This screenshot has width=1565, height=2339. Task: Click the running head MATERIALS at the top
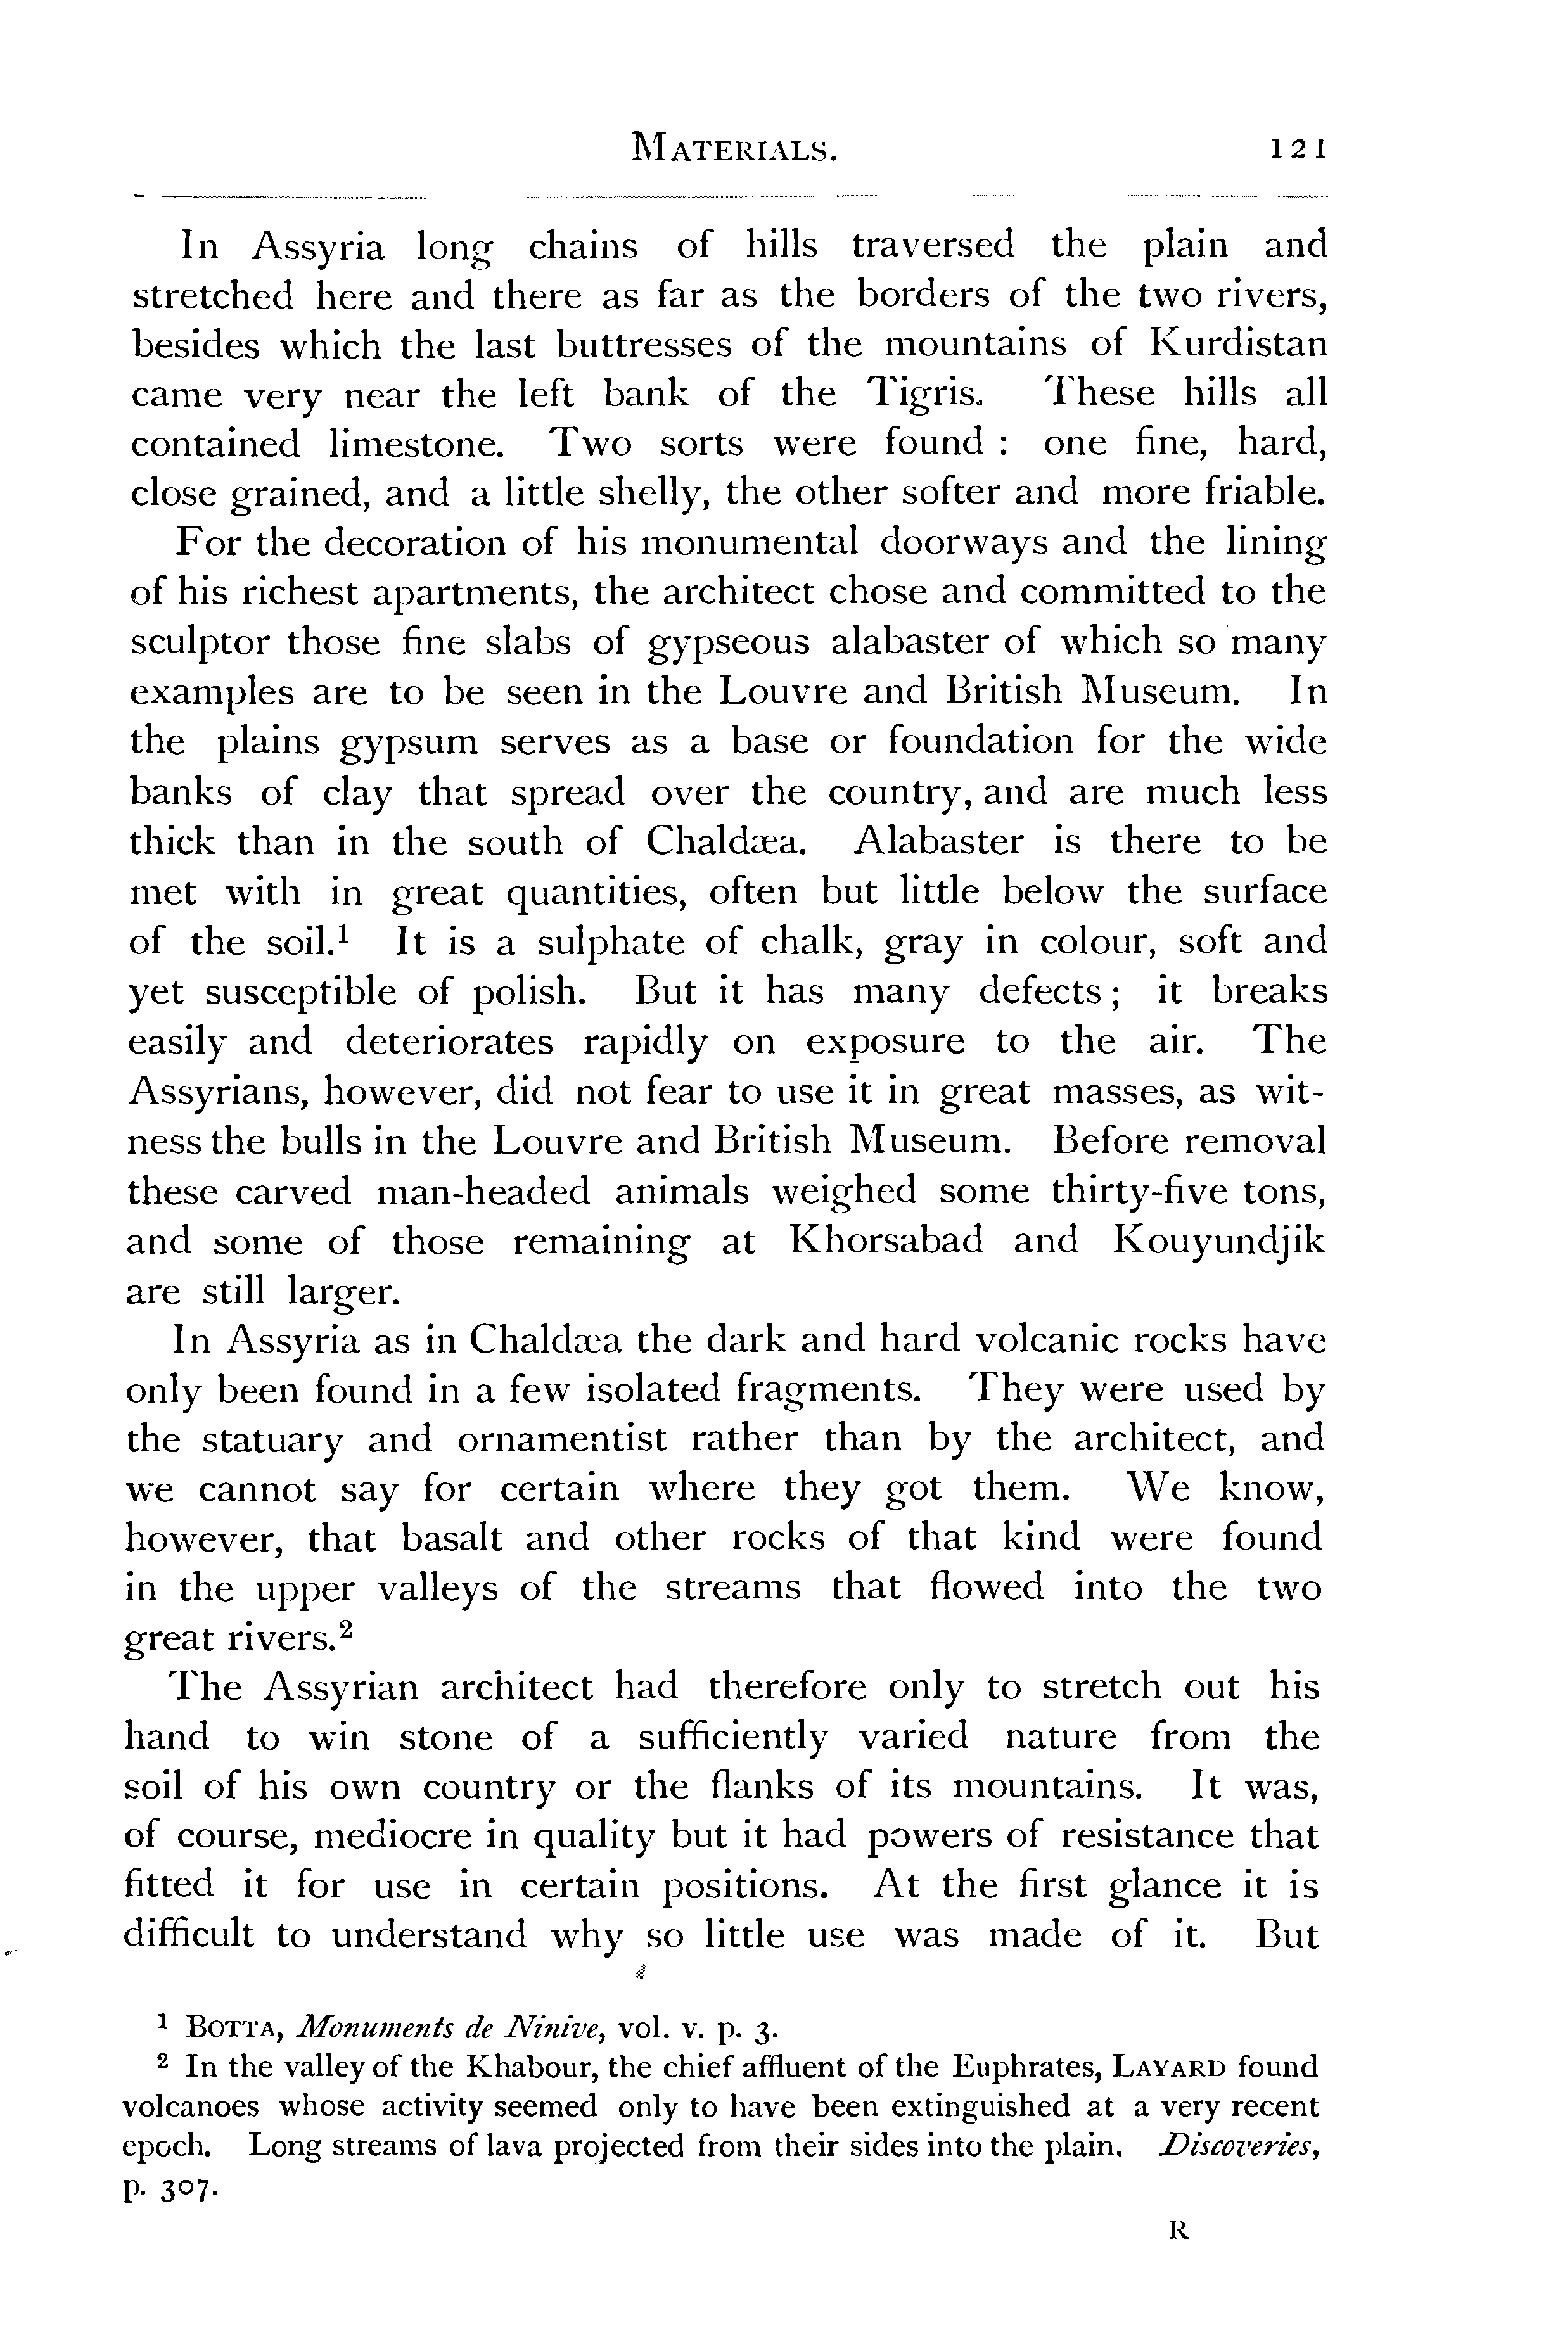pyautogui.click(x=732, y=150)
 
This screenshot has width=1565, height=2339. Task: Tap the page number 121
pyautogui.click(x=1296, y=150)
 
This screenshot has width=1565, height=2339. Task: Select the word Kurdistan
pyautogui.click(x=1239, y=344)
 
